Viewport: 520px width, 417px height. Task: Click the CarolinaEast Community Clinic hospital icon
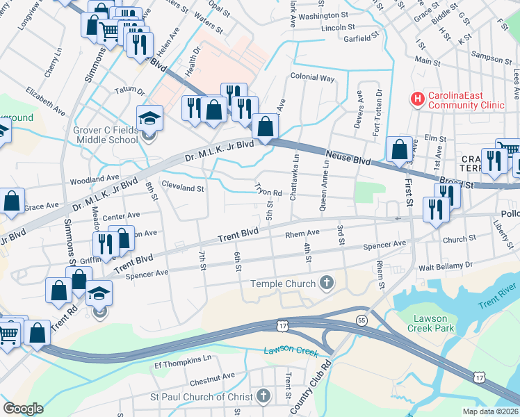pos(418,99)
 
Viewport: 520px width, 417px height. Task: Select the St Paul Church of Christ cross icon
pos(263,396)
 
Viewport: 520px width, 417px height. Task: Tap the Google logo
pos(23,409)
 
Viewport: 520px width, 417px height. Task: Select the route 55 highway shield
pos(361,320)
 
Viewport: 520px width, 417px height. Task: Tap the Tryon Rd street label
pos(268,189)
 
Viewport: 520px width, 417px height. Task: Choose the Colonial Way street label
pos(313,79)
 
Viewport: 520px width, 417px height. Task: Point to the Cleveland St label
pos(183,188)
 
